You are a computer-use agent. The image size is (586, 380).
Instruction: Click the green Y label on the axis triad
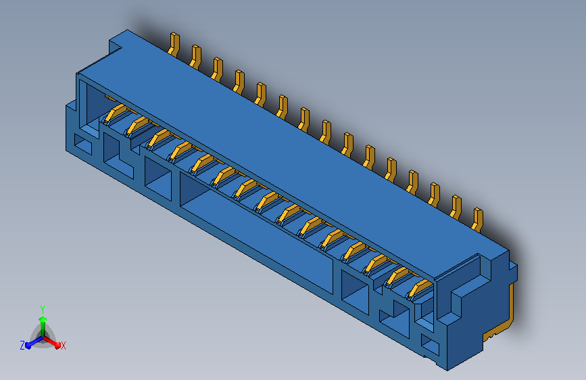point(42,309)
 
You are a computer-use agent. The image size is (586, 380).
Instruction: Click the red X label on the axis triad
point(63,346)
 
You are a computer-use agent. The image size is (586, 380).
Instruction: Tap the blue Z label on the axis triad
point(22,346)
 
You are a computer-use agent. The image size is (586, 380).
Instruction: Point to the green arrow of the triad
point(43,326)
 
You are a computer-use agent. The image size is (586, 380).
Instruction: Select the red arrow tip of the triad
point(57,345)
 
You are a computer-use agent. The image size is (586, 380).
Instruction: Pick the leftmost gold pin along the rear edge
point(174,44)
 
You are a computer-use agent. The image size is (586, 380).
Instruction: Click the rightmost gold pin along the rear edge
point(478,220)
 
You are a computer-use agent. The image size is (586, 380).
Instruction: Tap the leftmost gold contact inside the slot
point(115,113)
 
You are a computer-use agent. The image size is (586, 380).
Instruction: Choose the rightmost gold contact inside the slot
point(420,288)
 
